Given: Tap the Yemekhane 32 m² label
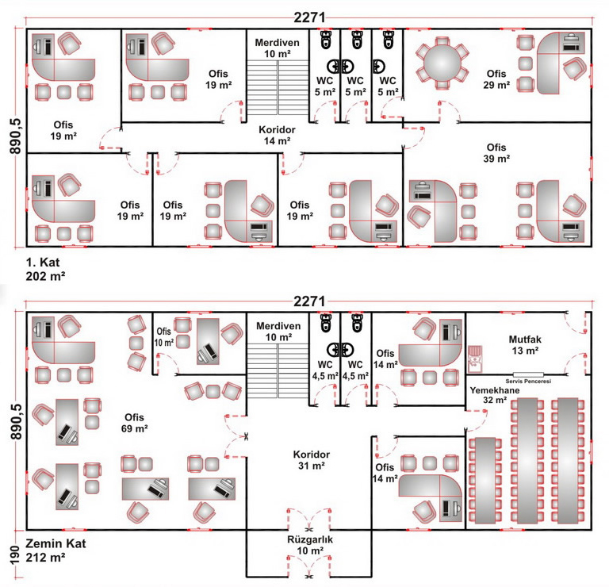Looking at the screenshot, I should (x=488, y=396).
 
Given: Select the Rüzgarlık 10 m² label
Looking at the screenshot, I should (x=308, y=545).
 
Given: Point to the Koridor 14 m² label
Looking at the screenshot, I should (x=277, y=134).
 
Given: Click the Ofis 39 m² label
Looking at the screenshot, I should (x=496, y=152).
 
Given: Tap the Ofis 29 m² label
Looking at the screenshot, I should (x=496, y=79).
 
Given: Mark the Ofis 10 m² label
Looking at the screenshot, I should (x=164, y=336).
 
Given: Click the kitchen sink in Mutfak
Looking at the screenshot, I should (x=476, y=359).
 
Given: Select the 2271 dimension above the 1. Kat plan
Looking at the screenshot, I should (x=308, y=17).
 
